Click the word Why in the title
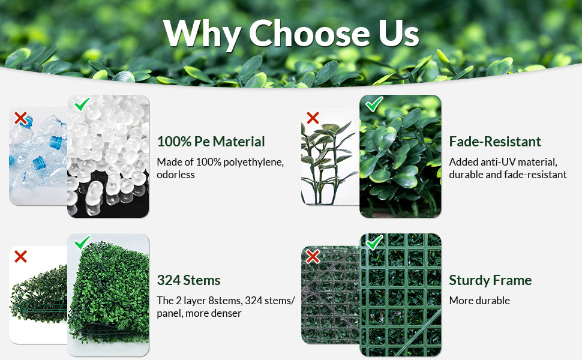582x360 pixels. tap(203, 34)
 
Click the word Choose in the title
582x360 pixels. tap(310, 33)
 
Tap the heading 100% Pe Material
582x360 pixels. tap(211, 142)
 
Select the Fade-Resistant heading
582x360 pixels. tap(495, 142)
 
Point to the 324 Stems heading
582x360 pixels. tap(188, 280)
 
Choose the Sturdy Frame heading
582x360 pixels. tap(490, 280)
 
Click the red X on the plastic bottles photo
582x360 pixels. tap(20, 118)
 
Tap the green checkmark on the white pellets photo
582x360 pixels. tap(82, 104)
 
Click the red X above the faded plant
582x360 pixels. tap(313, 118)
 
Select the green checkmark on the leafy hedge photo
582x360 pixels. tap(374, 104)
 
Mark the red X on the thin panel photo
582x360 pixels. tap(20, 256)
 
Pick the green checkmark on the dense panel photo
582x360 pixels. tap(82, 242)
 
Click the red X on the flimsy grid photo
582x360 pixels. tap(313, 256)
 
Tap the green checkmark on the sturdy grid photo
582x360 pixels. tap(374, 242)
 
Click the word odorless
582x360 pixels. tap(176, 175)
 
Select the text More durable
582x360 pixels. tap(479, 301)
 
